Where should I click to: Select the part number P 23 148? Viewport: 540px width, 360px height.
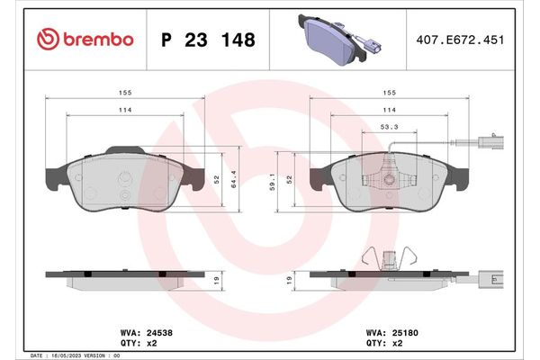[x=207, y=40]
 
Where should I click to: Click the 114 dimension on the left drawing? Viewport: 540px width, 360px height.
[x=124, y=110]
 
